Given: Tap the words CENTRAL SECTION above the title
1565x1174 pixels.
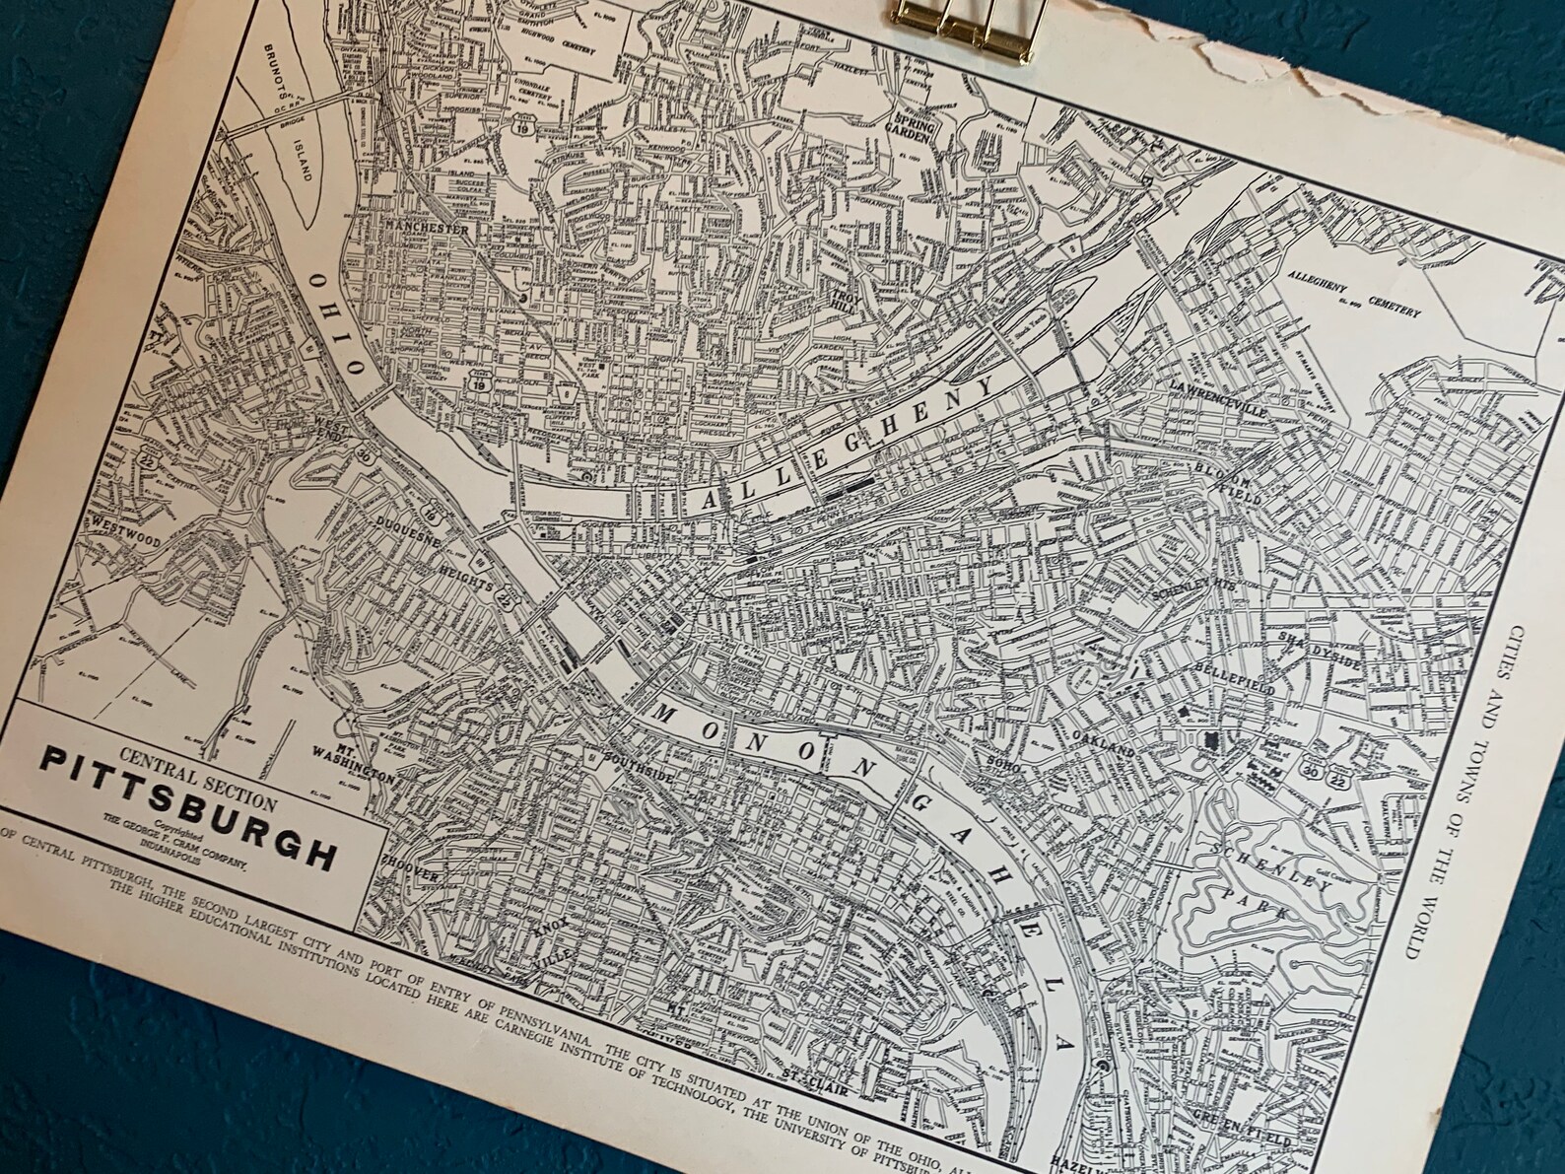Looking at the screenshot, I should pos(197,768).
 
